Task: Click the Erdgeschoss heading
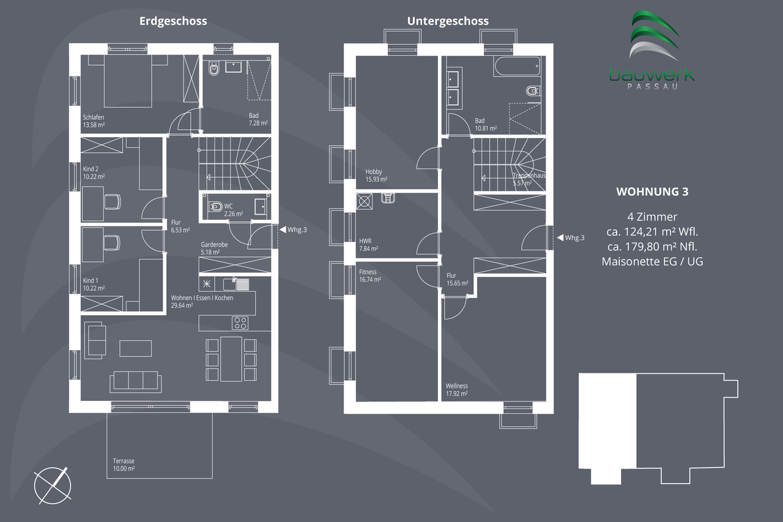click(x=173, y=21)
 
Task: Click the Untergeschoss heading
click(x=448, y=21)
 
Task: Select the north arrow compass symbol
click(x=52, y=485)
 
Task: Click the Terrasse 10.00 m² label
click(x=124, y=464)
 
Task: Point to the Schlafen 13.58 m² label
click(x=94, y=121)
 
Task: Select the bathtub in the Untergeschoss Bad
click(x=517, y=66)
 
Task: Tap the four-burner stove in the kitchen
click(x=239, y=323)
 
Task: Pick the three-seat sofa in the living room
click(x=136, y=381)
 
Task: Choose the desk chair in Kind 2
click(x=113, y=201)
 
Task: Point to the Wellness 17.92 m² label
click(x=456, y=390)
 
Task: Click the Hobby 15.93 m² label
click(x=376, y=176)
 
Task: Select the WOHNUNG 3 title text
click(x=651, y=192)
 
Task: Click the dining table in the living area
click(x=231, y=357)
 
